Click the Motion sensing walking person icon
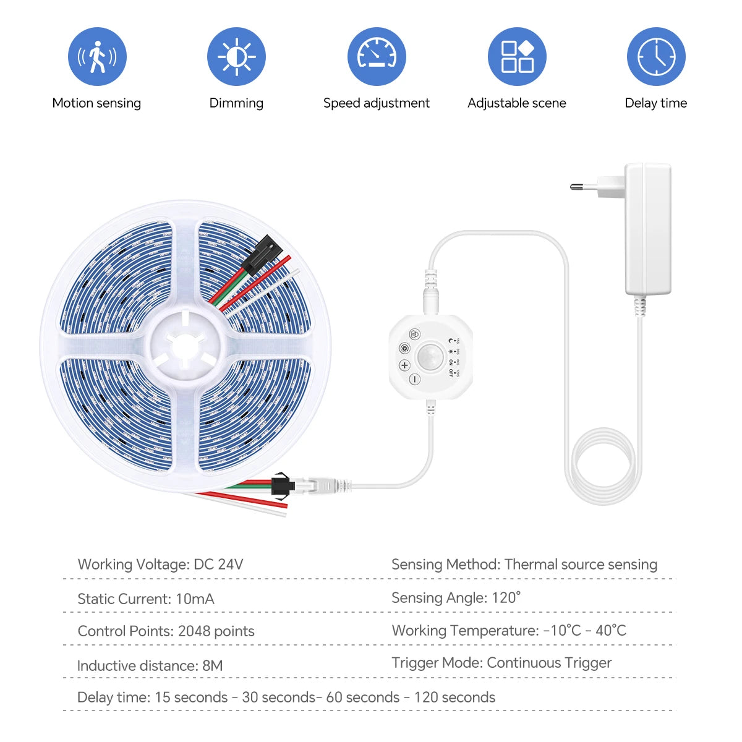(97, 57)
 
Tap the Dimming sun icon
(236, 57)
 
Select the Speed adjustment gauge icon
(377, 57)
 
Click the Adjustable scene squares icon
(517, 57)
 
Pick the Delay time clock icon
(656, 57)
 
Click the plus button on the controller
(404, 365)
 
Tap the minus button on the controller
(414, 379)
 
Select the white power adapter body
(647, 229)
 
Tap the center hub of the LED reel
(185, 344)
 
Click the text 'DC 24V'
(218, 565)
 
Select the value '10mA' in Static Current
(195, 599)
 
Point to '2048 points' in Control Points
(216, 631)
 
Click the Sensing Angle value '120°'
(506, 598)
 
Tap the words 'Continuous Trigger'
(549, 663)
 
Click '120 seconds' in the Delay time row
(454, 697)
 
